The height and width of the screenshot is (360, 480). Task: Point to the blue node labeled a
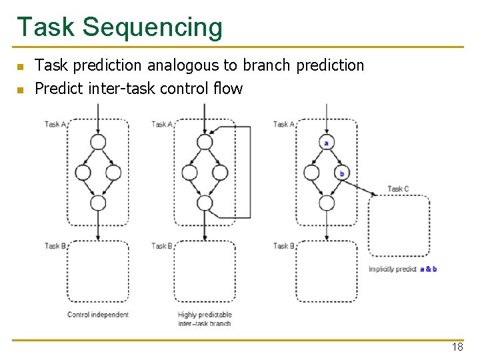(x=326, y=142)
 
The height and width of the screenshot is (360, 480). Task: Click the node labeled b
(x=341, y=173)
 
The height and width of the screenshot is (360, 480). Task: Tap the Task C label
(x=398, y=189)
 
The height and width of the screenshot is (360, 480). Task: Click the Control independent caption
(x=98, y=315)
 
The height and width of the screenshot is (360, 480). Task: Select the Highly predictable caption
(x=205, y=315)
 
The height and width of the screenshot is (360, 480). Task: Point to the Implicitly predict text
(x=393, y=269)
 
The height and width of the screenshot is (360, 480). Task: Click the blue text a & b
(x=429, y=269)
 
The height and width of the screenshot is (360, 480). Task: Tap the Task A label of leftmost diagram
(x=55, y=124)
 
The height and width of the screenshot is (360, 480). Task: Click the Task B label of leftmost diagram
(x=55, y=246)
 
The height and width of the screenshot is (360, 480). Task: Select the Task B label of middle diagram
(x=162, y=246)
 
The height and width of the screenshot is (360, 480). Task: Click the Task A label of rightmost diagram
(x=283, y=124)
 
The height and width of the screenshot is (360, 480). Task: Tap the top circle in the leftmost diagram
(x=98, y=142)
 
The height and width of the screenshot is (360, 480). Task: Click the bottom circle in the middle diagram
(x=205, y=203)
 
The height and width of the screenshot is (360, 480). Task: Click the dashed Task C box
(x=399, y=225)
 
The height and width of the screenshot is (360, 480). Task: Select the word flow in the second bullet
(x=229, y=88)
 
